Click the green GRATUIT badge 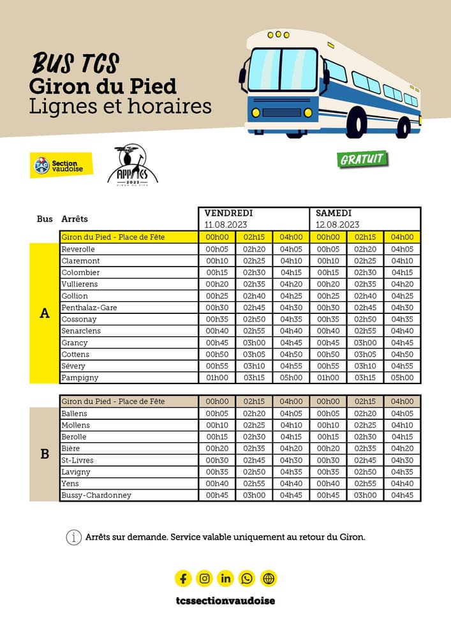click(362, 158)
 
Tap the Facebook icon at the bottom click(183, 579)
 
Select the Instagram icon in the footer click(204, 579)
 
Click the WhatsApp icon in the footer click(247, 579)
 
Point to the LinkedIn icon click(226, 579)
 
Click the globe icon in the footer click(269, 579)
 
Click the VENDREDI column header click(228, 213)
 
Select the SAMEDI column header click(334, 213)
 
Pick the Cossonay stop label click(79, 320)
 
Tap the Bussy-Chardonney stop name click(96, 495)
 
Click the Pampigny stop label click(80, 378)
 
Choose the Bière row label click(72, 449)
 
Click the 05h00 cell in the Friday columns click(291, 378)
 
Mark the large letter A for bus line click(45, 313)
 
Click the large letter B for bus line click(45, 454)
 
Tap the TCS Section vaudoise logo click(61, 165)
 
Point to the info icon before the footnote click(74, 537)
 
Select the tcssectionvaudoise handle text click(225, 600)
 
